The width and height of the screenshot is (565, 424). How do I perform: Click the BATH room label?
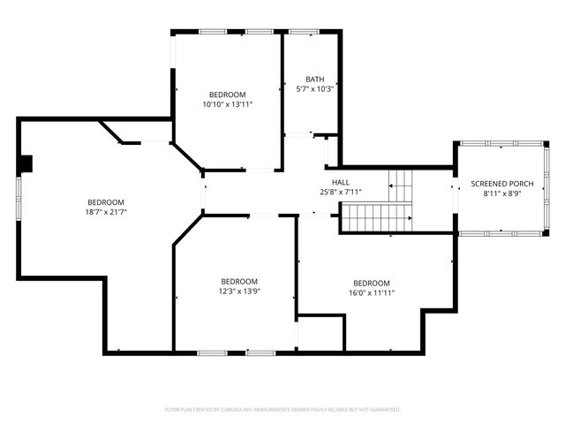(314, 79)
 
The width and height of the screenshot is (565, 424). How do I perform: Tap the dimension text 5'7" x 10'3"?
(314, 88)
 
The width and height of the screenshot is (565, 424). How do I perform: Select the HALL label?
(341, 181)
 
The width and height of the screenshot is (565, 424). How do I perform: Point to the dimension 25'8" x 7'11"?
(341, 192)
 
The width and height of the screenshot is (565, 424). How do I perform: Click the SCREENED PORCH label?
(501, 184)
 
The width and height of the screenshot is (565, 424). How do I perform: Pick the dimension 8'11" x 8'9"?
(501, 193)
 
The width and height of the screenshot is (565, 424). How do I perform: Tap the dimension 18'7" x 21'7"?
(105, 212)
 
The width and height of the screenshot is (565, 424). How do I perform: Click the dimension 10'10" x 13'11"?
(227, 104)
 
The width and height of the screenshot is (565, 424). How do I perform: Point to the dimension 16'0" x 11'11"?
(371, 292)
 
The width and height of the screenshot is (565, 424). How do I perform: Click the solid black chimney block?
(26, 163)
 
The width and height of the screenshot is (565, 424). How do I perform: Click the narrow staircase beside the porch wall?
(403, 185)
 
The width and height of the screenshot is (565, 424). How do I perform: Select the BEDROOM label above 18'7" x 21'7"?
(105, 202)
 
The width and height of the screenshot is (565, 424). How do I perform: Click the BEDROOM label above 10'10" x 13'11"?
(227, 95)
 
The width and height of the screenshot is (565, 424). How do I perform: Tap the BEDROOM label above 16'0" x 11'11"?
(371, 283)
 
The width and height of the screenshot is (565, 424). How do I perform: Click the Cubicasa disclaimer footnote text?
(282, 410)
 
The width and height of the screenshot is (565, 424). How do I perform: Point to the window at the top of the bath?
(305, 33)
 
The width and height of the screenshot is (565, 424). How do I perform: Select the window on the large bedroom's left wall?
(19, 203)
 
